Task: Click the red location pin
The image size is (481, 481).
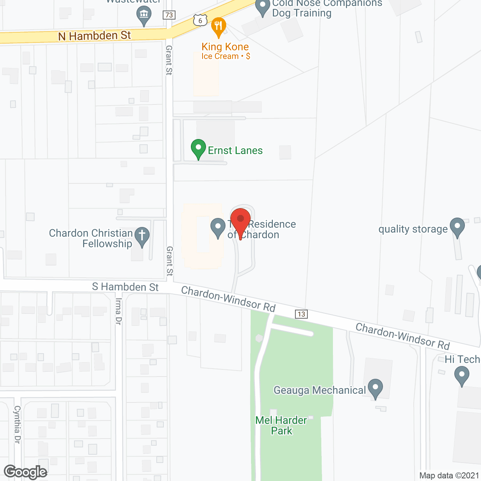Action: [240, 220]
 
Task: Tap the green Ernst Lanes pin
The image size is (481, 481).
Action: [198, 148]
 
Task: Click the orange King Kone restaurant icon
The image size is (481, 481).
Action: [218, 26]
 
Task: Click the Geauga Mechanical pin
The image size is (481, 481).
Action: [375, 388]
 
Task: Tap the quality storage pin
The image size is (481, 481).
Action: [457, 227]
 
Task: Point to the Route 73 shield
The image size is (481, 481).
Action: [169, 15]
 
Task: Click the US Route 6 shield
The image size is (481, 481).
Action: [200, 20]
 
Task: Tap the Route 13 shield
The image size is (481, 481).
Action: [301, 314]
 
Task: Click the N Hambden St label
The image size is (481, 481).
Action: [94, 36]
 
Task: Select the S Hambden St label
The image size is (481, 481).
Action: [126, 287]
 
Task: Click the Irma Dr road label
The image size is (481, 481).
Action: [118, 311]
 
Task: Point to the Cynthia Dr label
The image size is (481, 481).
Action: [17, 424]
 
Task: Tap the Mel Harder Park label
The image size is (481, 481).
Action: [281, 425]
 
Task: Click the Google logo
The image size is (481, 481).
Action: [25, 472]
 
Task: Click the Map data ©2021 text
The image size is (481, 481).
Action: [449, 475]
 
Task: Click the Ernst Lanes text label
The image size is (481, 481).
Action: [235, 150]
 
